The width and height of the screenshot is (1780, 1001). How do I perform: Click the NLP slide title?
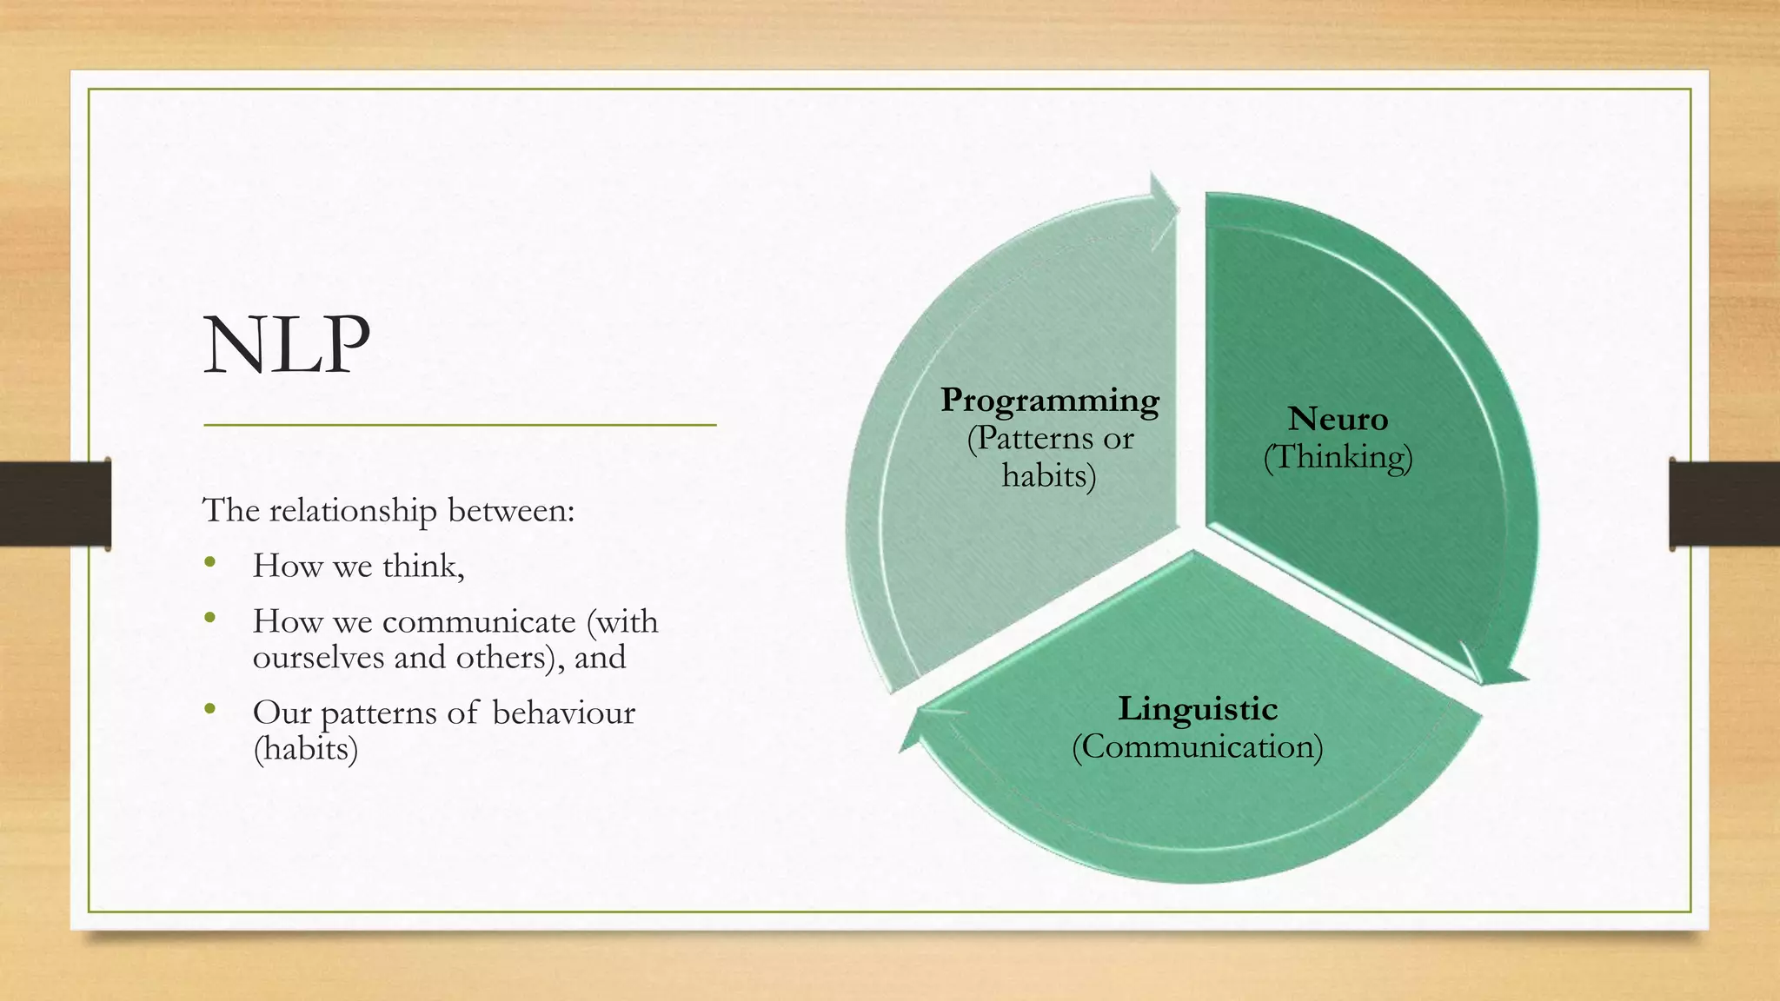click(287, 346)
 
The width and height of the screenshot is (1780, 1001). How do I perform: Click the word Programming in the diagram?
click(1050, 401)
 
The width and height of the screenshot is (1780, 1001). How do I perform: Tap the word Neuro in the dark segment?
click(1338, 420)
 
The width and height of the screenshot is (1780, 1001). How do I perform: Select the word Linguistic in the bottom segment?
click(1198, 709)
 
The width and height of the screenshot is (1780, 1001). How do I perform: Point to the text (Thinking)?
click(1338, 458)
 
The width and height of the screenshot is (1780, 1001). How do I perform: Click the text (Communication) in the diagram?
click(1197, 747)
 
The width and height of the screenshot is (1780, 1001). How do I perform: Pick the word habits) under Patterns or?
click(1048, 476)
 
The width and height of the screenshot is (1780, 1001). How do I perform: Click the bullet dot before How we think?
click(209, 563)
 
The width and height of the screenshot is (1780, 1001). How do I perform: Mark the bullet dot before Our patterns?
click(209, 710)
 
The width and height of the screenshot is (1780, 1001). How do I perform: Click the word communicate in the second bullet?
click(479, 622)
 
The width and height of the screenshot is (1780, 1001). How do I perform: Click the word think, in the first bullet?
click(423, 567)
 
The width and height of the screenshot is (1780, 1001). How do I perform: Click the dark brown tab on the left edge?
click(55, 504)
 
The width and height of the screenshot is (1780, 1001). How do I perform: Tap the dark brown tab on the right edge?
click(1724, 504)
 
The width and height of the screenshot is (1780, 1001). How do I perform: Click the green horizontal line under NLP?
click(460, 425)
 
